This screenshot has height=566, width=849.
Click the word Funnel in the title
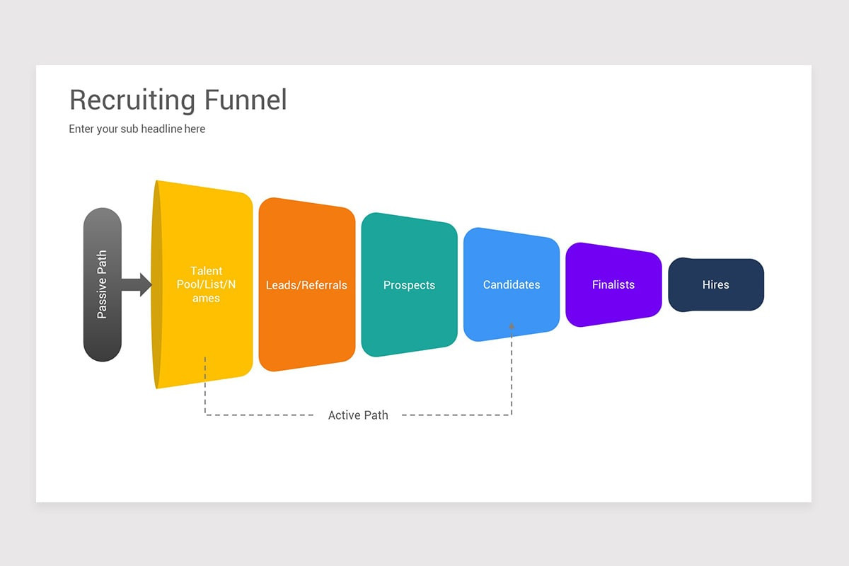coord(246,100)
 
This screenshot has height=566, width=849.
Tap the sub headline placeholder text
coord(137,129)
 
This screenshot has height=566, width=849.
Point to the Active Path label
coord(358,415)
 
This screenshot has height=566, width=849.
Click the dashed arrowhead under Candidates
coord(512,326)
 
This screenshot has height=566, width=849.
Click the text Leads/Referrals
coord(306,285)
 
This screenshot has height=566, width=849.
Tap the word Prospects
coord(409,285)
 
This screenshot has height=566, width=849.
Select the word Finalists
coord(613,284)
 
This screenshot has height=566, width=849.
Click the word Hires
coord(715,284)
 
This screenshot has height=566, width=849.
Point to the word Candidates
coord(512,284)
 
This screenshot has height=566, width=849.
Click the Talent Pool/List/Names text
coord(205,284)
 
